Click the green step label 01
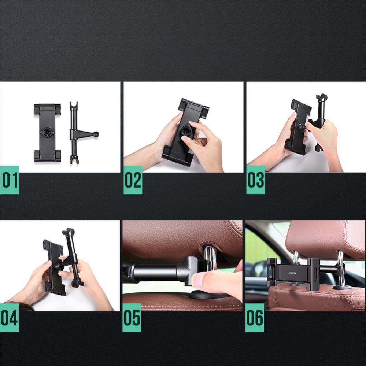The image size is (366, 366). click(10, 180)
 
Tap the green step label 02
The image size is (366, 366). click(133, 180)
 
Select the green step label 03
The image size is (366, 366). click(255, 180)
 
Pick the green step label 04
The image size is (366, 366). click(9, 318)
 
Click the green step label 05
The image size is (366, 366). click(132, 318)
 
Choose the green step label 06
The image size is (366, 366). click(254, 318)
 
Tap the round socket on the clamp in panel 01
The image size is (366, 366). click(47, 133)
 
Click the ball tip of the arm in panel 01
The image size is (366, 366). click(96, 134)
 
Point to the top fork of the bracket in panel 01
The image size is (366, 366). click(74, 106)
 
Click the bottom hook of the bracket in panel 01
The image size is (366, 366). click(74, 160)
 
